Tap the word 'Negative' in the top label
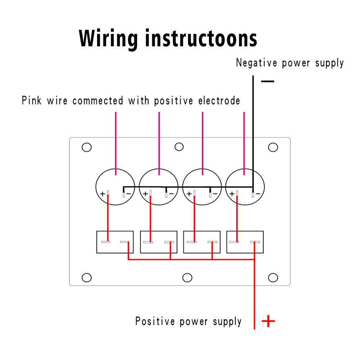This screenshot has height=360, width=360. tap(256, 63)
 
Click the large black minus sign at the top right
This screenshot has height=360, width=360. tap(267, 82)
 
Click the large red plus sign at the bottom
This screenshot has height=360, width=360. tap(268, 321)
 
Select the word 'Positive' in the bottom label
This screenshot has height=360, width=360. tap(153, 321)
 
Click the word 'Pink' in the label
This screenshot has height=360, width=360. tap(32, 100)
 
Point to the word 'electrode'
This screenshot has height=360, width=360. tap(219, 101)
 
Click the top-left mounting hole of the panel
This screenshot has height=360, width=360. tap(87, 147)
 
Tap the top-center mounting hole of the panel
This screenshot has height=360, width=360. tap(179, 147)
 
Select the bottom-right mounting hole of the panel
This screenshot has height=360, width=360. tap(273, 278)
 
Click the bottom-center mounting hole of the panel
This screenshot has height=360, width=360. tap(187, 278)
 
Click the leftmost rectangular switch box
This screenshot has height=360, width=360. tap(115, 242)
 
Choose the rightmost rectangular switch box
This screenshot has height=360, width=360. tap(245, 242)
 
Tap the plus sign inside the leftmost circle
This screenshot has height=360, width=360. tap(102, 194)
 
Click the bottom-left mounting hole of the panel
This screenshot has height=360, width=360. tap(87, 278)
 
